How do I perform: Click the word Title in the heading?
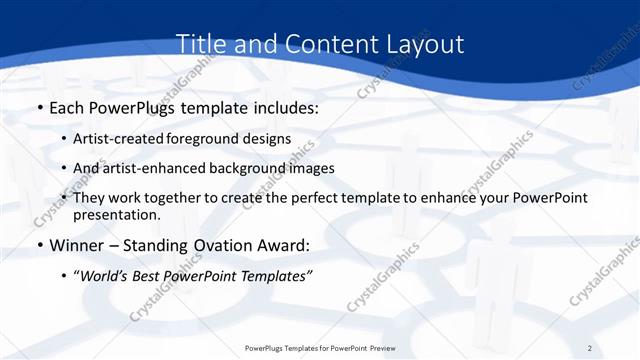(x=200, y=45)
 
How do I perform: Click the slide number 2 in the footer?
(x=589, y=347)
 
